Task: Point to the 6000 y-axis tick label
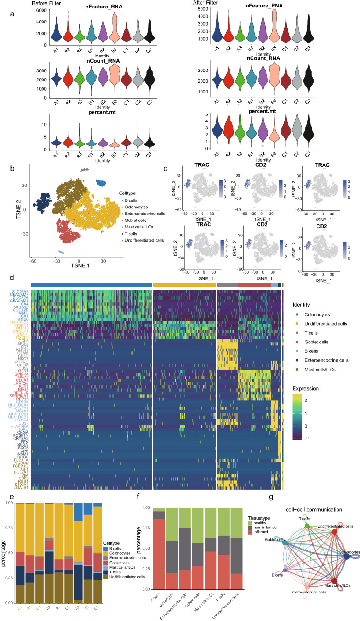click(40, 10)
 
